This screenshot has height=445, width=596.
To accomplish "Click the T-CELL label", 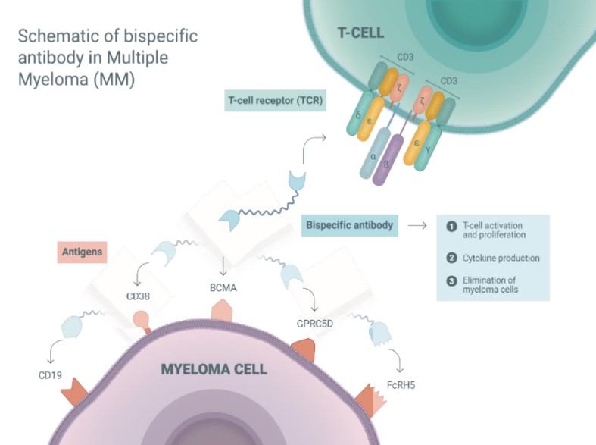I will point(360,33).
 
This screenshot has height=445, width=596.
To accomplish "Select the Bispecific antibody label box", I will point(350,225).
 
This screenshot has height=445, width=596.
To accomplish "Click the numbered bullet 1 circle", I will point(451,227).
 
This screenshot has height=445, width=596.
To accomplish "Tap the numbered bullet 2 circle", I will point(451,258).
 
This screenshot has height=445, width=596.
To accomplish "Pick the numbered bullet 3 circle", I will point(451,281).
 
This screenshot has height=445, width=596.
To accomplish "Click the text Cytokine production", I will point(501,258).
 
